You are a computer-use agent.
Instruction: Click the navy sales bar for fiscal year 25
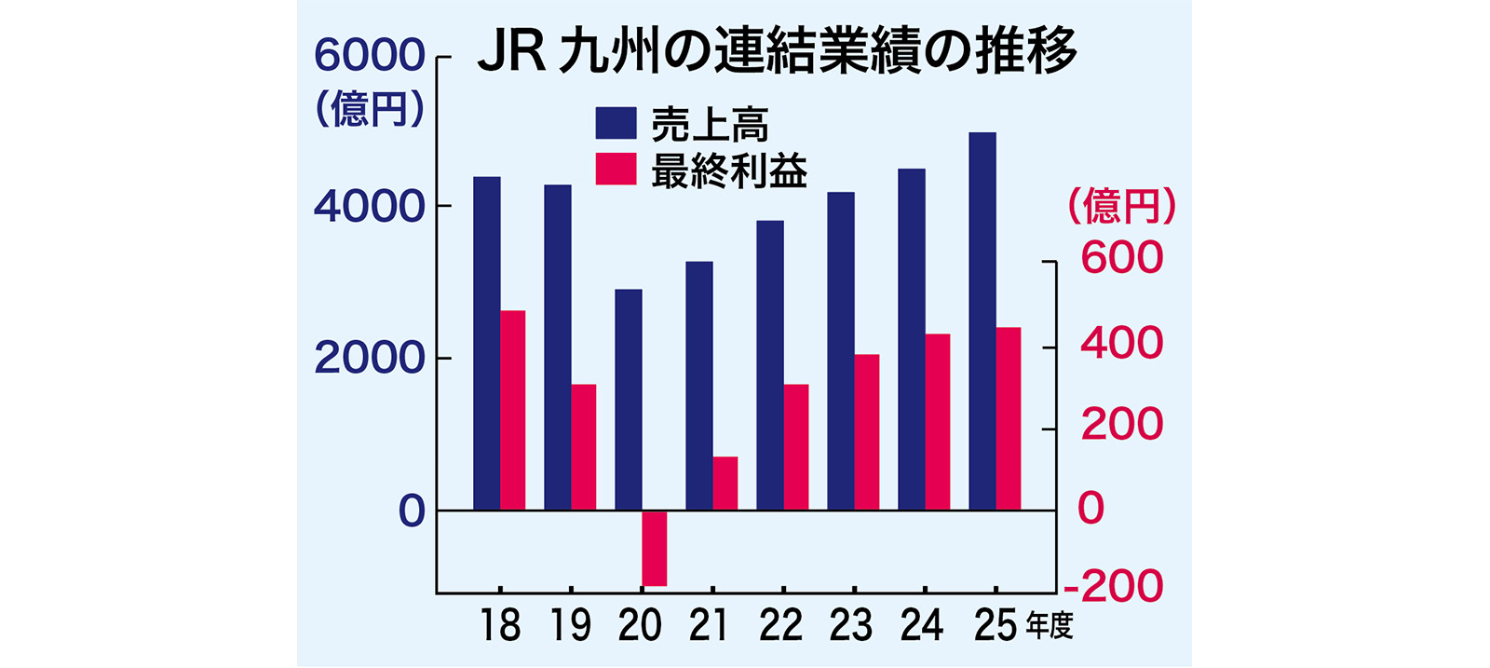[x=982, y=321]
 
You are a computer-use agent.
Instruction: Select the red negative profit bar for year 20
[x=654, y=548]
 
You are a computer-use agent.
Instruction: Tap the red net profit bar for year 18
[x=513, y=410]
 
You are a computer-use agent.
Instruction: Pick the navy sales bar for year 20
[x=629, y=400]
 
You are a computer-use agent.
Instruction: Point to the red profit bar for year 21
[x=725, y=483]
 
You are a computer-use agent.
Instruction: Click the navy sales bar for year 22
[x=770, y=365]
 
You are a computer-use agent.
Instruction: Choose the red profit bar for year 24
[x=937, y=422]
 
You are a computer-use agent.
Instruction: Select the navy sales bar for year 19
[x=558, y=348]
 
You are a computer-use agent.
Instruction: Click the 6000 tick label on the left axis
[x=369, y=55]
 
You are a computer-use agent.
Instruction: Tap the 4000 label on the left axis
[x=369, y=206]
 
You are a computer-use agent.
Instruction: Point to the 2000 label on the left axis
[x=369, y=358]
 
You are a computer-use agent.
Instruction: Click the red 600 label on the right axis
[x=1122, y=257]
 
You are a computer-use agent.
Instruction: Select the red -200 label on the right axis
[x=1114, y=585]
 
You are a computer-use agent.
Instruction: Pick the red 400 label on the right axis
[x=1122, y=343]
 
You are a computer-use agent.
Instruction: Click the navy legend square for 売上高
[x=616, y=123]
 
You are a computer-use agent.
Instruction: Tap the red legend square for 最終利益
[x=616, y=169]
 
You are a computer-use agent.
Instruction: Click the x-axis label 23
[x=851, y=626]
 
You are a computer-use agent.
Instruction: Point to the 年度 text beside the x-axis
[x=1050, y=625]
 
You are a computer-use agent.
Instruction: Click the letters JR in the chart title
[x=511, y=50]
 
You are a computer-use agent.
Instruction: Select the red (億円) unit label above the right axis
[x=1122, y=206]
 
